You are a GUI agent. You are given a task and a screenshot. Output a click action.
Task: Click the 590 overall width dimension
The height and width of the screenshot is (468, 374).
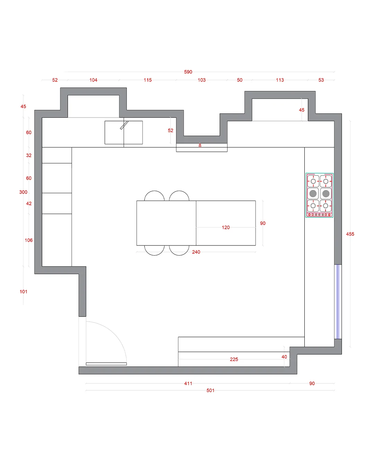tap(188, 72)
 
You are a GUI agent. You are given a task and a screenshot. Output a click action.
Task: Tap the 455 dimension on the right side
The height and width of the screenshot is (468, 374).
tap(350, 234)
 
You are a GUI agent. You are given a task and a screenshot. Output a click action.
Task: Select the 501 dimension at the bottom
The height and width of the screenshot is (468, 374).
tap(210, 390)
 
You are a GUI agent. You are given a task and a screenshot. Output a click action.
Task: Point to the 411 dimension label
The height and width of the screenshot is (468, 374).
tap(188, 383)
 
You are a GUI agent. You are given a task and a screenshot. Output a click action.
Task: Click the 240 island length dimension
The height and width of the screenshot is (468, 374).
tap(196, 252)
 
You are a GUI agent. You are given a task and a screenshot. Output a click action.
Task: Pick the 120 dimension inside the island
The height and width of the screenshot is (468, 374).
tap(225, 227)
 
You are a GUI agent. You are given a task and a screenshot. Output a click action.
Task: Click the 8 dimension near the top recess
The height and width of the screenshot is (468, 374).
tap(200, 145)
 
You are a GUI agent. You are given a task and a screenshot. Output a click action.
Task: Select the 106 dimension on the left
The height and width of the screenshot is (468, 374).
tap(28, 240)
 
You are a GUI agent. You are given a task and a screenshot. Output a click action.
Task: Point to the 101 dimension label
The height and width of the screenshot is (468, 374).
tap(23, 292)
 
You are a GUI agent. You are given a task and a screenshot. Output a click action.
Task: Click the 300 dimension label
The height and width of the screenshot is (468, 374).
tap(23, 192)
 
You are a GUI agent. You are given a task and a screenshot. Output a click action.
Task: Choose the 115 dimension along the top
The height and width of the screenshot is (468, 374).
tap(148, 80)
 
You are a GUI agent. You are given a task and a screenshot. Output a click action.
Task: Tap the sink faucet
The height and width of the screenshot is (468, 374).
tap(124, 125)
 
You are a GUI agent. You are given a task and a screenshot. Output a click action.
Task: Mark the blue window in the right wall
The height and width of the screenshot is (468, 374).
tap(338, 302)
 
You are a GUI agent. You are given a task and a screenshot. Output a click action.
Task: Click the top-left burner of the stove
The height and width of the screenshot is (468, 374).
tap(313, 181)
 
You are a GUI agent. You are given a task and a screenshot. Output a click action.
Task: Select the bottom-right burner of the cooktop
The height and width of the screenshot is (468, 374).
tap(326, 206)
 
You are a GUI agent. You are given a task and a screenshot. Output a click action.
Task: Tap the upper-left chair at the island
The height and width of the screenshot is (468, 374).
tap(154, 196)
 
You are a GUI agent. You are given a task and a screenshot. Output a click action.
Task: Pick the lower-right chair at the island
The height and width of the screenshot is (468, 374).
tap(179, 250)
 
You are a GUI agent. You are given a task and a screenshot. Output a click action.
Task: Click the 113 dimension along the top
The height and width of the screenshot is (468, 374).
tap(280, 80)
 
